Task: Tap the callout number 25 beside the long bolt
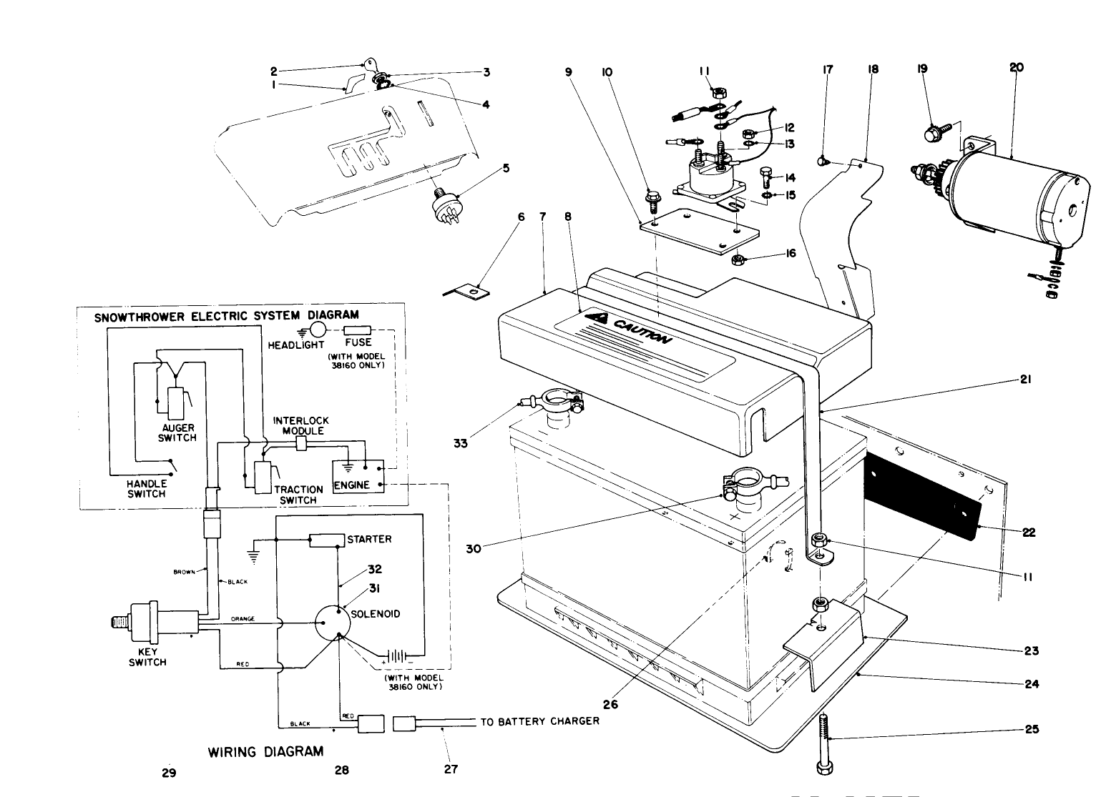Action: click(1031, 730)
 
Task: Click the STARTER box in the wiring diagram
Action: click(326, 540)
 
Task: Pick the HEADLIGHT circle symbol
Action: click(318, 330)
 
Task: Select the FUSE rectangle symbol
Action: click(358, 330)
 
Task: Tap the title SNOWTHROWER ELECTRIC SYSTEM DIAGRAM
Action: click(227, 315)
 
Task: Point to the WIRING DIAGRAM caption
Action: click(265, 751)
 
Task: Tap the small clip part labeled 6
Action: click(470, 291)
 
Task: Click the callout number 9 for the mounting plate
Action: click(569, 72)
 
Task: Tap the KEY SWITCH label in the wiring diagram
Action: click(147, 657)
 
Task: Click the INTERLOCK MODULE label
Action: click(301, 426)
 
